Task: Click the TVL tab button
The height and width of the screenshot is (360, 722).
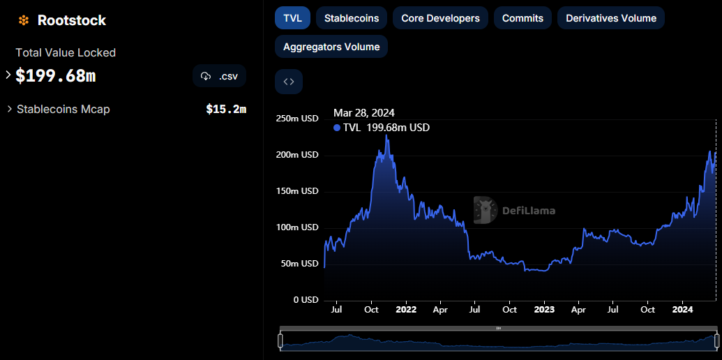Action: (292, 18)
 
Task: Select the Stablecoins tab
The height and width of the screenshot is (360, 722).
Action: (352, 18)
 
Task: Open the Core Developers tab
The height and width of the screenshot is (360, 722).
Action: (440, 18)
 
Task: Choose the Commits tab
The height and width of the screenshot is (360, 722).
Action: (522, 18)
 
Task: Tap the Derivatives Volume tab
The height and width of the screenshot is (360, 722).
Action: (611, 18)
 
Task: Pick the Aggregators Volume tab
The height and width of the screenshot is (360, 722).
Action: (331, 47)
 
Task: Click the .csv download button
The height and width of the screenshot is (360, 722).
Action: (219, 76)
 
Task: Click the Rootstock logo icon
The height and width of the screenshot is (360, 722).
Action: (24, 20)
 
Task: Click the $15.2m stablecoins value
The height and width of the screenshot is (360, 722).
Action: (226, 109)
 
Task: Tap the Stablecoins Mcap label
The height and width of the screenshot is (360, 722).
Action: (63, 109)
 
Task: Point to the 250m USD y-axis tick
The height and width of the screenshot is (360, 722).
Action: (297, 119)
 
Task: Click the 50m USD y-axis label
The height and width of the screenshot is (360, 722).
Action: (299, 264)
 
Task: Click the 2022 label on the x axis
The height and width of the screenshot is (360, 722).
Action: (406, 309)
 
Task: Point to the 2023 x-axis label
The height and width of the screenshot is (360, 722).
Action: (545, 309)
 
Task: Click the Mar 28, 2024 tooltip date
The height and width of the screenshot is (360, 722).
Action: (363, 113)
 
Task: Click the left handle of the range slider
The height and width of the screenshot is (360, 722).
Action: (280, 341)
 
